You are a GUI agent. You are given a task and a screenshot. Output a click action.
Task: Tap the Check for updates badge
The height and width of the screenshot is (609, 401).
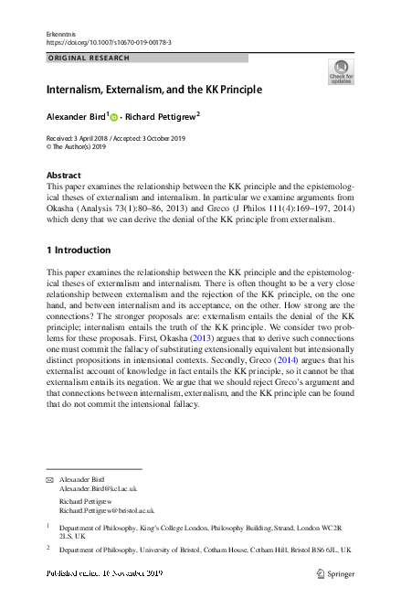[339, 71]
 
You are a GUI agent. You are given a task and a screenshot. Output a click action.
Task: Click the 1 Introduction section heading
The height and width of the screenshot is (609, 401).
[79, 250]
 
